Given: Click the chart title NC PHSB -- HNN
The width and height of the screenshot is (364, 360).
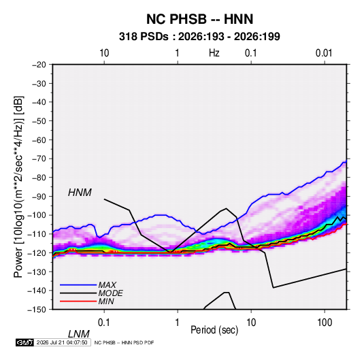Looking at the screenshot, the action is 199,19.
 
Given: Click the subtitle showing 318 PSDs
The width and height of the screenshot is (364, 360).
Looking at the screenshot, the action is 199,37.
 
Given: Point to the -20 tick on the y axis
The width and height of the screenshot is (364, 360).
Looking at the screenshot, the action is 39,65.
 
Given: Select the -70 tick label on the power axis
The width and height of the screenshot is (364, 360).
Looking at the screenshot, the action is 39,159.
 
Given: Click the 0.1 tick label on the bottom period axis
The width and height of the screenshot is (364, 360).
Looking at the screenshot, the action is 104,323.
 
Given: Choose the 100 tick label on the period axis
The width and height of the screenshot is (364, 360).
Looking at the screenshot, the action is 325,323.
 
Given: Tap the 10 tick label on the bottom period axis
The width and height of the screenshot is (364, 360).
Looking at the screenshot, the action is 251,323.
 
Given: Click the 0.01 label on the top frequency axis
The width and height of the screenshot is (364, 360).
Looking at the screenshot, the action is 324,53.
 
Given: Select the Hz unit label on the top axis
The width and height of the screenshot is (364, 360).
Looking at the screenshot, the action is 214,53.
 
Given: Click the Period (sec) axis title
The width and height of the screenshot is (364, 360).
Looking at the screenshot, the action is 214,330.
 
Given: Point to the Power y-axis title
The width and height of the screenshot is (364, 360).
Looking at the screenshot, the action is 18,186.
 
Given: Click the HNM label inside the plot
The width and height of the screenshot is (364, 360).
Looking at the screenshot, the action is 80,193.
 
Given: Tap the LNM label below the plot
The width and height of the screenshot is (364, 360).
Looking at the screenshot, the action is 78,334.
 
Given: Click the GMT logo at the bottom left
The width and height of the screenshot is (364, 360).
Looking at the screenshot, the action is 24,342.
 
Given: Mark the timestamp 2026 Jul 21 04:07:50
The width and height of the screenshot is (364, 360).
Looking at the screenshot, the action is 62,342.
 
